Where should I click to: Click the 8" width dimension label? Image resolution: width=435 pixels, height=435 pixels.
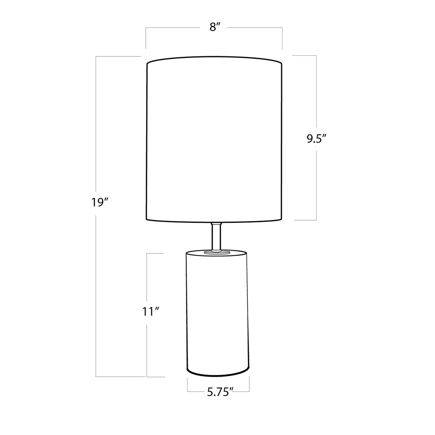click(215, 28)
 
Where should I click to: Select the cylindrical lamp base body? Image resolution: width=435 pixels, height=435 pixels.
click(217, 311)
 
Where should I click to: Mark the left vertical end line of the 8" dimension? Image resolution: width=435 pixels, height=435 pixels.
click(146, 38)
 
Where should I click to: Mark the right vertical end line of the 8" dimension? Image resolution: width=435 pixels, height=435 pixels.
click(282, 38)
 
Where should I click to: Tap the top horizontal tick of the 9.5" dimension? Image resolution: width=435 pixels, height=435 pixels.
click(304, 55)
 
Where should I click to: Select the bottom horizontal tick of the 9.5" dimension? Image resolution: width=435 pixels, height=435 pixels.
click(304, 220)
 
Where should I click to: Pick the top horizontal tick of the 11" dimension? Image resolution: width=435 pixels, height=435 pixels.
click(155, 253)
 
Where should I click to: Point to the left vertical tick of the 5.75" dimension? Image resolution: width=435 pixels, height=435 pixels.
click(187, 385)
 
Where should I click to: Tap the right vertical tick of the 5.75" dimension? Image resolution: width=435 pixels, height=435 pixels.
click(249, 385)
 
